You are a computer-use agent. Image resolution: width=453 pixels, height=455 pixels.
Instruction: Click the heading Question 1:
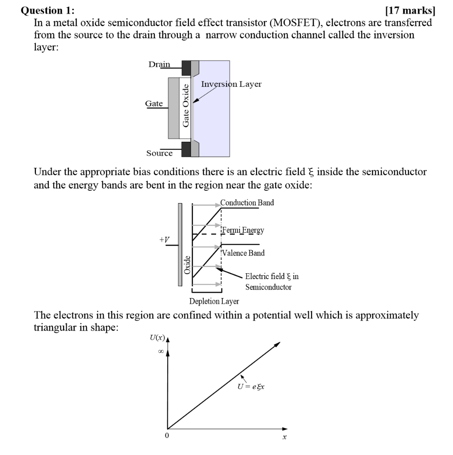[48, 10]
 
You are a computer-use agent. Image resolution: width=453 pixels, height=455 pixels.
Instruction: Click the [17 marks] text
[408, 10]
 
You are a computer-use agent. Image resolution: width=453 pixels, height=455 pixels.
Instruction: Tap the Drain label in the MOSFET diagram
[159, 64]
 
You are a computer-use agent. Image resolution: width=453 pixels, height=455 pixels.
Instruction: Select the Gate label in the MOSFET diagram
[154, 104]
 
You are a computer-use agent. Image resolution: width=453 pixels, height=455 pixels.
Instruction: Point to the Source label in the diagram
[160, 153]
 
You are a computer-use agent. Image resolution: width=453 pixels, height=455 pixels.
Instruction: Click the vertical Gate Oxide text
[186, 105]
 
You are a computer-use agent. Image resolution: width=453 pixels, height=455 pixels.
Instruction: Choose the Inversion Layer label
[231, 84]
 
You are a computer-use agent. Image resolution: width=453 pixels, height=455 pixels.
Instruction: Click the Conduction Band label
[247, 203]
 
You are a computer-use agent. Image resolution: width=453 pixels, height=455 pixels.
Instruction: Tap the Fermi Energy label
[243, 230]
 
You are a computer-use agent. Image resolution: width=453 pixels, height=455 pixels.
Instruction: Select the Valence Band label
[244, 253]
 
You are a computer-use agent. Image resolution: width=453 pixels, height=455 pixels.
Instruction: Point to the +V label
[164, 240]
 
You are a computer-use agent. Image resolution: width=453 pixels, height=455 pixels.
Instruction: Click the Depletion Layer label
[214, 301]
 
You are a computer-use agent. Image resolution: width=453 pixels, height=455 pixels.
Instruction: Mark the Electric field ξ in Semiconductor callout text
[272, 282]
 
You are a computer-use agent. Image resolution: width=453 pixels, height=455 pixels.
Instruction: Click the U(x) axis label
[157, 338]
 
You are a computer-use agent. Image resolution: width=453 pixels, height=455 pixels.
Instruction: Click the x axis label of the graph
[284, 438]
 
